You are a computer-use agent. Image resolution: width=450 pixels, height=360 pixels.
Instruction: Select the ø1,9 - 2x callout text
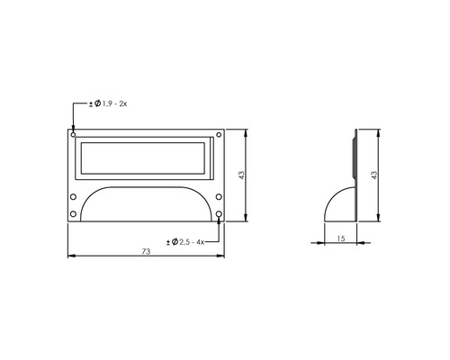tap(109, 105)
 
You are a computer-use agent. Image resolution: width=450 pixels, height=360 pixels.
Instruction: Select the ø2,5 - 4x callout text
tap(187, 241)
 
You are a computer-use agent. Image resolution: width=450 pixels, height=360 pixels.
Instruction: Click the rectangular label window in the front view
tap(145, 158)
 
